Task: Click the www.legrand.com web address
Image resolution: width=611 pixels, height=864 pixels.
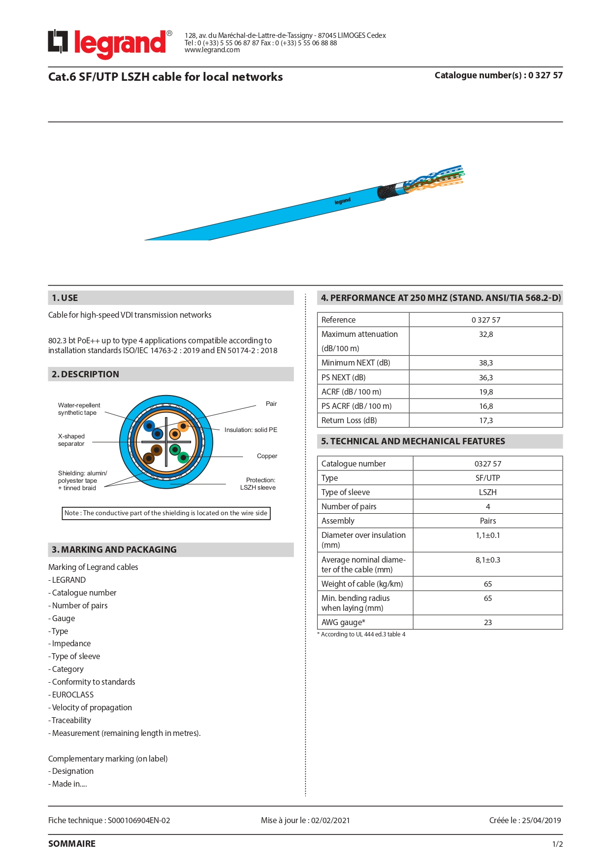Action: (x=212, y=50)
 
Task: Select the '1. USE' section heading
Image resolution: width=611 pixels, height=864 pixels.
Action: (x=65, y=298)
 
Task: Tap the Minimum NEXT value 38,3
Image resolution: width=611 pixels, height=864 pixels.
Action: (x=485, y=363)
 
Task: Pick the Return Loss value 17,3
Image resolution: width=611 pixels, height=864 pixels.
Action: (x=485, y=421)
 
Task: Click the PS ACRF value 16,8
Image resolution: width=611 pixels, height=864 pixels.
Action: (x=485, y=406)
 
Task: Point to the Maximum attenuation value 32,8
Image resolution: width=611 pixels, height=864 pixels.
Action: (x=485, y=334)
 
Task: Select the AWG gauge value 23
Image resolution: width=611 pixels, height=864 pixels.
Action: (x=487, y=623)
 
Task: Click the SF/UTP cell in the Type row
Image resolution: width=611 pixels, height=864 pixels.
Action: (x=487, y=478)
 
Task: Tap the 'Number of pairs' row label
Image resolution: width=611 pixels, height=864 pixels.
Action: (x=349, y=507)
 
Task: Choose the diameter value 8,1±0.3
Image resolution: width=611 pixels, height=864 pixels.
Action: (x=487, y=560)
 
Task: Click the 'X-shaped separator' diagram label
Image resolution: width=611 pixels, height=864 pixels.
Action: (x=71, y=440)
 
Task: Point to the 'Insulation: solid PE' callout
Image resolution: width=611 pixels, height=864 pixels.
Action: (x=251, y=430)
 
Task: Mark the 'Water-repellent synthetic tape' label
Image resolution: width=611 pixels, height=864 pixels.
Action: (x=79, y=409)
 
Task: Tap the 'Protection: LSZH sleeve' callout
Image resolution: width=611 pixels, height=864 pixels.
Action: (x=258, y=484)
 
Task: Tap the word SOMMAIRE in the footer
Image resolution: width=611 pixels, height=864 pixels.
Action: (x=72, y=844)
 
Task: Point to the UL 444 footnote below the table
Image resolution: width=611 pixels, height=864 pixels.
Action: (x=363, y=634)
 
